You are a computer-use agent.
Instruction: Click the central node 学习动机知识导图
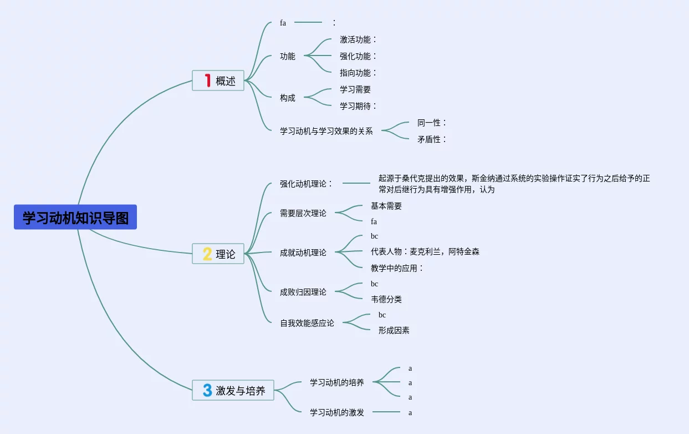click(x=75, y=218)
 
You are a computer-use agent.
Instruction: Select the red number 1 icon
click(x=208, y=80)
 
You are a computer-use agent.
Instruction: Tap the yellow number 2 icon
click(x=207, y=254)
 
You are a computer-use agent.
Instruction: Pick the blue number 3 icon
click(x=207, y=390)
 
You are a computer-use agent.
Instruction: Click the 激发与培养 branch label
click(x=241, y=391)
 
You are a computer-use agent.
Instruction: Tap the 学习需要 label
click(x=355, y=89)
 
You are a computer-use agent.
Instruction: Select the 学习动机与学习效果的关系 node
click(x=326, y=132)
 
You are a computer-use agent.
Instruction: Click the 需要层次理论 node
click(x=303, y=213)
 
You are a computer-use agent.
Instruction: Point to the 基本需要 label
click(x=386, y=206)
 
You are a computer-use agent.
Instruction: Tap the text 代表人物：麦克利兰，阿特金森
click(x=425, y=252)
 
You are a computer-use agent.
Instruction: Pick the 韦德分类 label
click(x=386, y=299)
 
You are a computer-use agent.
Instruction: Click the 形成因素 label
click(x=394, y=330)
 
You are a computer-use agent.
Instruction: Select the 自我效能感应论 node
click(x=307, y=323)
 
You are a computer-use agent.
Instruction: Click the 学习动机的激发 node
click(x=336, y=412)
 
